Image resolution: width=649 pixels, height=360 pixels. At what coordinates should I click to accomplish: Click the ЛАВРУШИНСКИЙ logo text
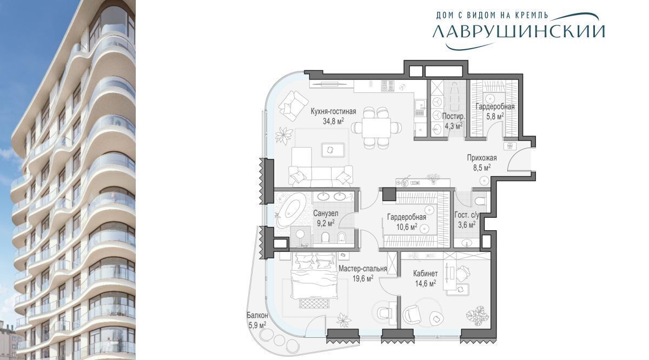(x=519, y=31)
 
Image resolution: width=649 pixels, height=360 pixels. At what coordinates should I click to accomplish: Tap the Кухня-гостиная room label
(x=333, y=111)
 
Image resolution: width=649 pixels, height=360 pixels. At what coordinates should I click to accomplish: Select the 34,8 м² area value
(x=334, y=121)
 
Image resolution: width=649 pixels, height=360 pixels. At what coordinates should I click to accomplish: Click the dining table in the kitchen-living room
(x=376, y=128)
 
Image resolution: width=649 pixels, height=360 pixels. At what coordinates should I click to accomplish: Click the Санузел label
(x=326, y=214)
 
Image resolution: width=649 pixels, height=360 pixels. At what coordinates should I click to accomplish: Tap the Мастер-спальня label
(x=363, y=269)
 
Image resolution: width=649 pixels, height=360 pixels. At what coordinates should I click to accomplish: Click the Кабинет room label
(x=425, y=274)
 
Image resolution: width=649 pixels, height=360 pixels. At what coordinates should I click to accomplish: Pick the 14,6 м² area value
(x=426, y=283)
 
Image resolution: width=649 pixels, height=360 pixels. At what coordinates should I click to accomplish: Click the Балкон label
(x=257, y=315)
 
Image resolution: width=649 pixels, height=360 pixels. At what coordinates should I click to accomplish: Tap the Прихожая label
(x=482, y=158)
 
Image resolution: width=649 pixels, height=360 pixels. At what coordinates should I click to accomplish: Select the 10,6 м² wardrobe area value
(x=407, y=226)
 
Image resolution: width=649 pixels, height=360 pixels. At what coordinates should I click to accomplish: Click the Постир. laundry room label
(x=453, y=116)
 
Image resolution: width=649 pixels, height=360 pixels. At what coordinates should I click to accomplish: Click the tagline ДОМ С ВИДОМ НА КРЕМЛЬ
(x=492, y=15)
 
